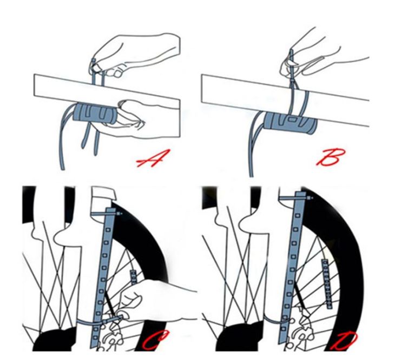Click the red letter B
tap(330, 157)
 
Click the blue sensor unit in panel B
tap(290, 122)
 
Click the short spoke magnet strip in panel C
tap(133, 277)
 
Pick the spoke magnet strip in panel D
tap(327, 284)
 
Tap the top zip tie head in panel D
tap(310, 198)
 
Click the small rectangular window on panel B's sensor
tap(293, 119)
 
